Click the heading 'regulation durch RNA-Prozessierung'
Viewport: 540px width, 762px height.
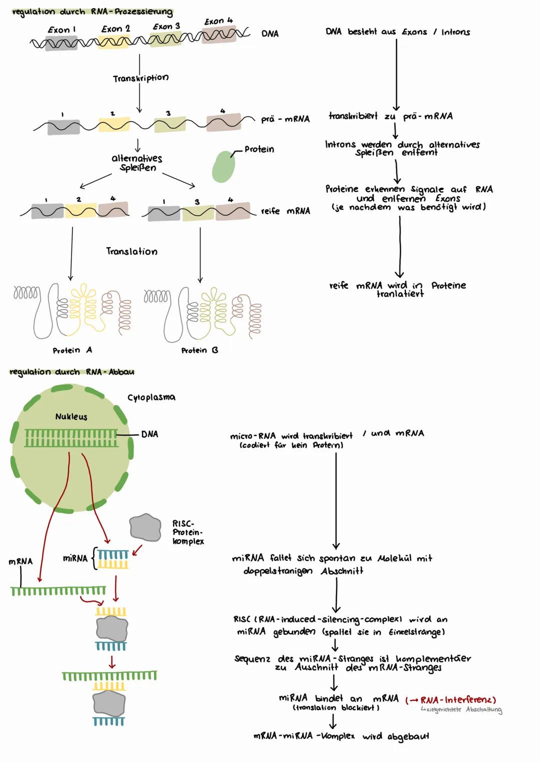pyautogui.click(x=92, y=11)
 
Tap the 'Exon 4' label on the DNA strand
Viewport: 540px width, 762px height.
pyautogui.click(x=218, y=21)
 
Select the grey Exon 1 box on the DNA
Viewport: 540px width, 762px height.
pyautogui.click(x=61, y=43)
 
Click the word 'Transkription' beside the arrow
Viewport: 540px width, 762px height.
pyautogui.click(x=140, y=78)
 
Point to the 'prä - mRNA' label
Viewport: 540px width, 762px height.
pyautogui.click(x=285, y=119)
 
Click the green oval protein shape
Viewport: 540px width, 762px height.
pyautogui.click(x=223, y=167)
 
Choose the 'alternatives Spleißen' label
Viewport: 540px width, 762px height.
pyautogui.click(x=137, y=163)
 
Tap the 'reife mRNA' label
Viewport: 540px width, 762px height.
pyautogui.click(x=285, y=211)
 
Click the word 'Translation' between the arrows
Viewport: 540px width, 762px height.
pyautogui.click(x=131, y=251)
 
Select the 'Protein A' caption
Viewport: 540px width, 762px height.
pyautogui.click(x=72, y=351)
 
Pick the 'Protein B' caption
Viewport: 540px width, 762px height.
pyautogui.click(x=199, y=351)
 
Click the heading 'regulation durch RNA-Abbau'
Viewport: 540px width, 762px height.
pyautogui.click(x=72, y=372)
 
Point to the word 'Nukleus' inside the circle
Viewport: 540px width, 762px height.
pyautogui.click(x=71, y=416)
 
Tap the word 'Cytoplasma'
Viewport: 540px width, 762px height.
pyautogui.click(x=151, y=397)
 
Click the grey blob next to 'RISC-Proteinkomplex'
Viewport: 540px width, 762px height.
pyautogui.click(x=145, y=527)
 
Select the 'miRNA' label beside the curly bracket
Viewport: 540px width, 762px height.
pyautogui.click(x=75, y=558)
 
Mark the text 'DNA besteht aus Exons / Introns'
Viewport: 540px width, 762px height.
pyautogui.click(x=397, y=32)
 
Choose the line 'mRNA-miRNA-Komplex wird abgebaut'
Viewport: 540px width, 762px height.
pyautogui.click(x=341, y=736)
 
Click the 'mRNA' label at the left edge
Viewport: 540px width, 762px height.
pyautogui.click(x=20, y=561)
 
